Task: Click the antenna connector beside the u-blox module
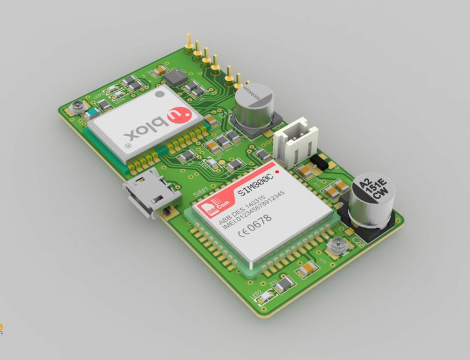tap(77, 109)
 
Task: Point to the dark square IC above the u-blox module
tap(175, 76)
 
